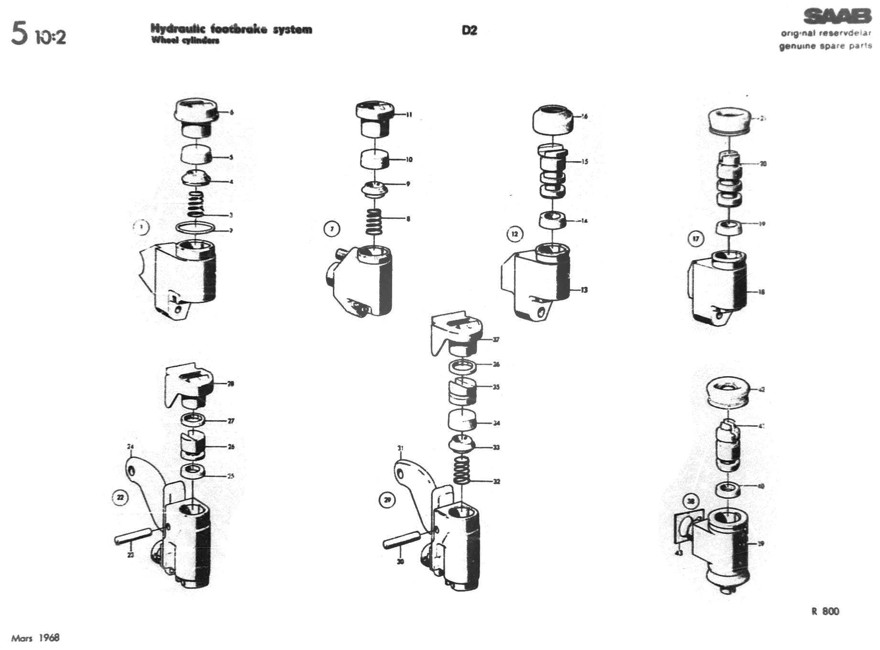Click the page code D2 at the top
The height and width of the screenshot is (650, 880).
pyautogui.click(x=469, y=30)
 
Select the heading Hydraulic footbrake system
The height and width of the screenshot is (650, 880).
pyautogui.click(x=231, y=29)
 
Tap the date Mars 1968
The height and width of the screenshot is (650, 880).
pyautogui.click(x=35, y=638)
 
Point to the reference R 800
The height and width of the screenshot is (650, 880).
pyautogui.click(x=825, y=611)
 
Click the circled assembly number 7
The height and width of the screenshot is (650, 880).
pyautogui.click(x=332, y=229)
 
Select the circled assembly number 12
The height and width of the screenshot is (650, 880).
pyautogui.click(x=515, y=234)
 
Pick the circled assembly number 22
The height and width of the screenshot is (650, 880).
pyautogui.click(x=120, y=498)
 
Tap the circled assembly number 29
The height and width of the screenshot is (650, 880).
pyautogui.click(x=387, y=500)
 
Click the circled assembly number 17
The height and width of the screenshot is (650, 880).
pyautogui.click(x=696, y=238)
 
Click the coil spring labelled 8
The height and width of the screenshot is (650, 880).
pyautogui.click(x=374, y=222)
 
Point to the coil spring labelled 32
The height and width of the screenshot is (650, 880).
pyautogui.click(x=462, y=470)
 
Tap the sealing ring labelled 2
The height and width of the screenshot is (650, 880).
pyautogui.click(x=195, y=227)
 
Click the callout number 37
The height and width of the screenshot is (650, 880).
pyautogui.click(x=496, y=339)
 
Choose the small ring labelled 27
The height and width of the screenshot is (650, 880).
pyautogui.click(x=193, y=421)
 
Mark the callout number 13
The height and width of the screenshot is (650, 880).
pyautogui.click(x=584, y=290)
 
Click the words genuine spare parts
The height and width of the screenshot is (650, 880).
pyautogui.click(x=825, y=46)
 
